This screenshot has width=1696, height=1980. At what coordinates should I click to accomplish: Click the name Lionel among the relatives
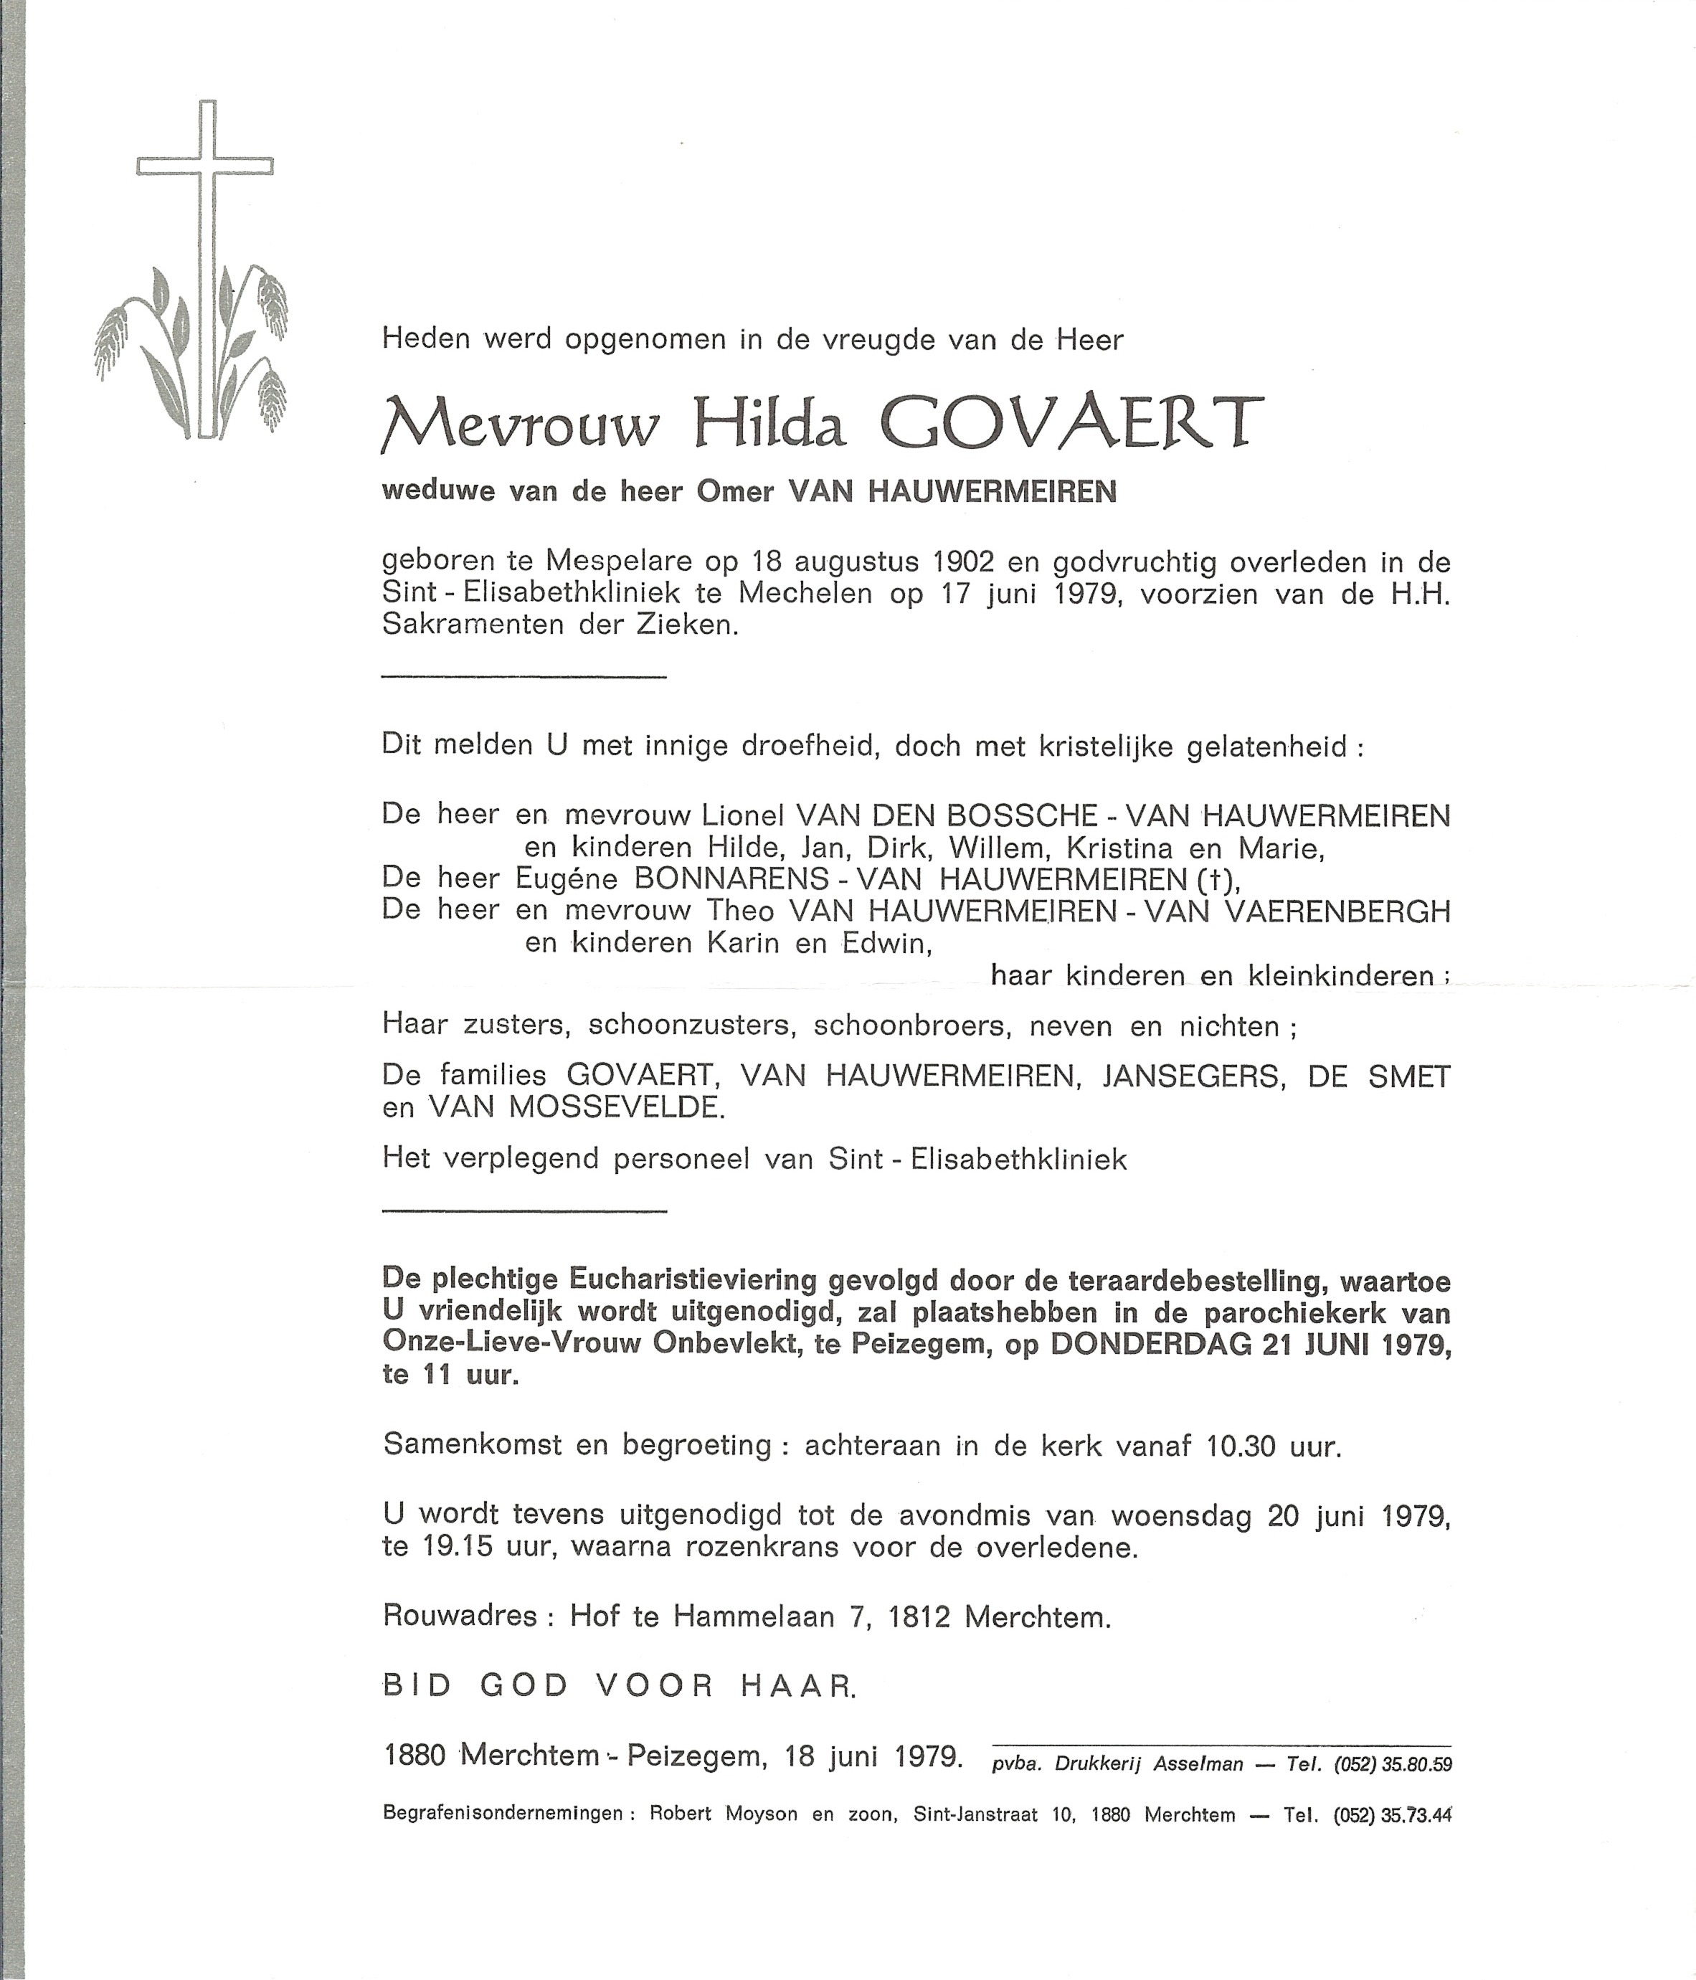point(742,815)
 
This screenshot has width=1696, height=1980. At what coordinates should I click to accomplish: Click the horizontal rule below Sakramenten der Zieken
point(524,678)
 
